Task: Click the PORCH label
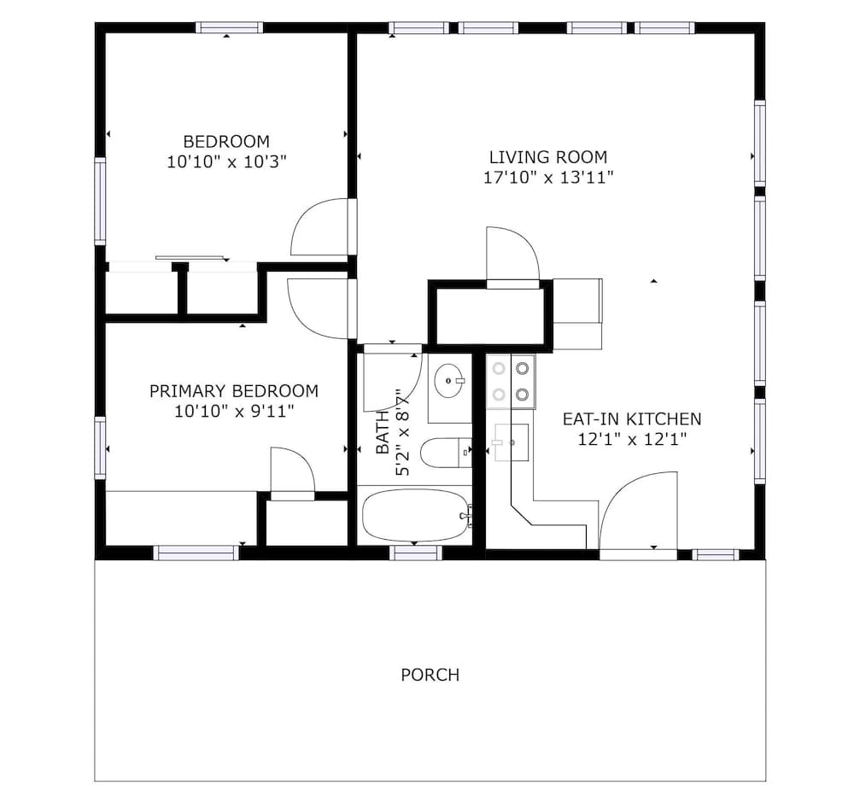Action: [x=430, y=675]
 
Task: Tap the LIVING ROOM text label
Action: [x=547, y=157]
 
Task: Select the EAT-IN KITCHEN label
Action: [x=631, y=419]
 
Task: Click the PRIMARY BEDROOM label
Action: [x=233, y=391]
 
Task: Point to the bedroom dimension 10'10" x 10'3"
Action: [x=226, y=161]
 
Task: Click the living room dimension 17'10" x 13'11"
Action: [x=547, y=178]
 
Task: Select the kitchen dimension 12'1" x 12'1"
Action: [x=631, y=440]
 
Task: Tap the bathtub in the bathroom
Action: [x=413, y=515]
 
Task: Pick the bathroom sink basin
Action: [x=449, y=381]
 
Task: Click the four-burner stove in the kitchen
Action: [x=511, y=382]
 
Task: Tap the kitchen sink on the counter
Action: [x=512, y=442]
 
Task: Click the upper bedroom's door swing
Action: [x=321, y=226]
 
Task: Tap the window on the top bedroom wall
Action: [x=229, y=27]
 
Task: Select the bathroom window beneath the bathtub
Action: [x=416, y=553]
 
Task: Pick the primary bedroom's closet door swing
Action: [x=290, y=470]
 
